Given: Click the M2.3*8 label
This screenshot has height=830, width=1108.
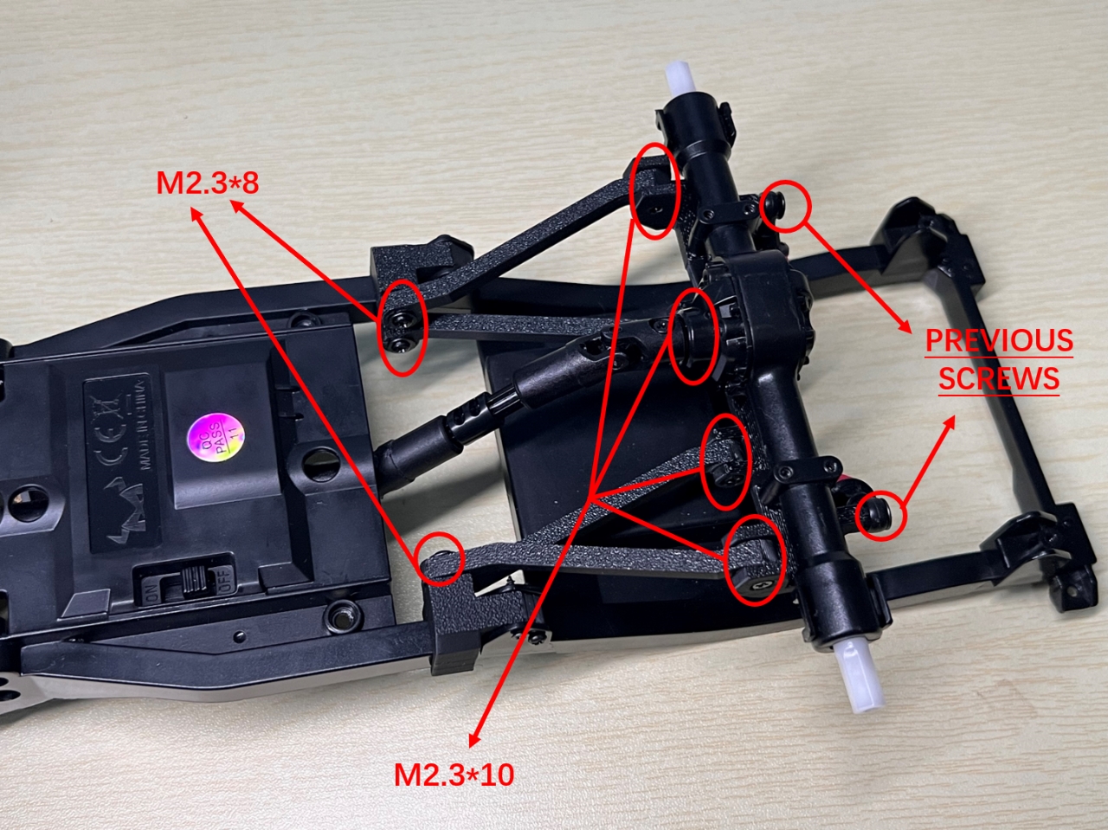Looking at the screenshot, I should pos(208,183).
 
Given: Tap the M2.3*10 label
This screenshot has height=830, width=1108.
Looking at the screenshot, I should pos(454,774).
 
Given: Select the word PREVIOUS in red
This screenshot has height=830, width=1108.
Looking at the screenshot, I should pos(999,340).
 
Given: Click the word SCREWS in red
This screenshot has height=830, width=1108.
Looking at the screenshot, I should pos(999,379).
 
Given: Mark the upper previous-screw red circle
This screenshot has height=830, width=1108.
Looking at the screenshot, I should pos(786,207).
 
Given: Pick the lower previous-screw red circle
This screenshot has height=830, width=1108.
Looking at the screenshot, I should pos(881,517).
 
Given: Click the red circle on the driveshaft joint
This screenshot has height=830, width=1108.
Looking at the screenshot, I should pos(693,336).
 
